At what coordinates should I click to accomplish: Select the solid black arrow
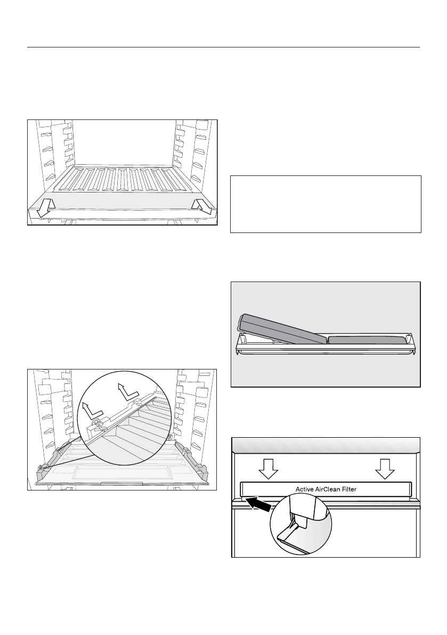point(259,504)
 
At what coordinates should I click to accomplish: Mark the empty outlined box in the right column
point(326,204)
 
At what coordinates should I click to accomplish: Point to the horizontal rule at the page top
point(223,47)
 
